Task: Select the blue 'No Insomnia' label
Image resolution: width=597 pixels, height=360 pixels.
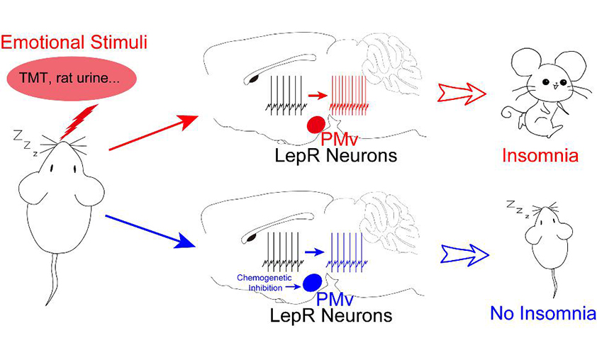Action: coord(541,313)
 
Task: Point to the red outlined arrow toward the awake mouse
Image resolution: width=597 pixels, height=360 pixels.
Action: coord(462,93)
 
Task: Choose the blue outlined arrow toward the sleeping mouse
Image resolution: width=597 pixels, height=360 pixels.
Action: coord(464,253)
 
